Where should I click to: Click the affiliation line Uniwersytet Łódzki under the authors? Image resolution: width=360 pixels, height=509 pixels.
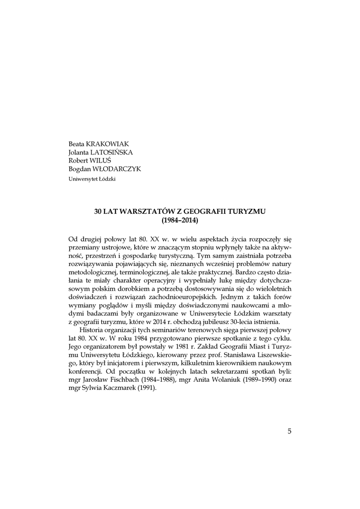point(91,178)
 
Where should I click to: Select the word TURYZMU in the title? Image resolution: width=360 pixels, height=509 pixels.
point(247,211)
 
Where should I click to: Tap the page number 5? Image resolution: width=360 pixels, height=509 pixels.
point(289,430)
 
